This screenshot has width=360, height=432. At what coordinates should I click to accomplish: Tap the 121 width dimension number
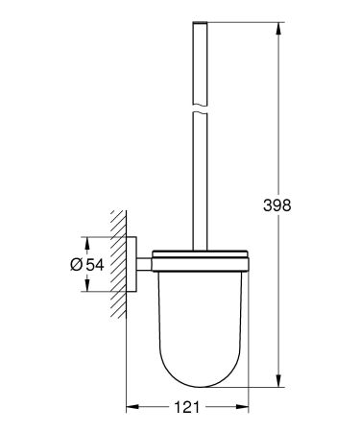click(188, 408)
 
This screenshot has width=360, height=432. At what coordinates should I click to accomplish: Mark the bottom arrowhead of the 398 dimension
click(279, 378)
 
